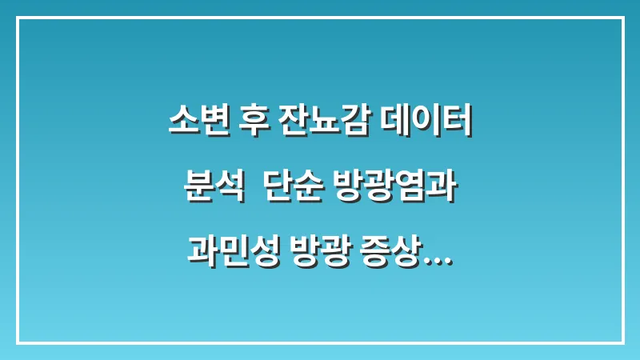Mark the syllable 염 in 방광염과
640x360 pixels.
(x=408, y=189)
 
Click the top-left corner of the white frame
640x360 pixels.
(x=18, y=18)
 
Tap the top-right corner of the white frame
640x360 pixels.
(x=622, y=18)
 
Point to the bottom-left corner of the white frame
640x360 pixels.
(x=18, y=342)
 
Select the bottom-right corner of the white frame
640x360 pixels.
(x=622, y=342)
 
